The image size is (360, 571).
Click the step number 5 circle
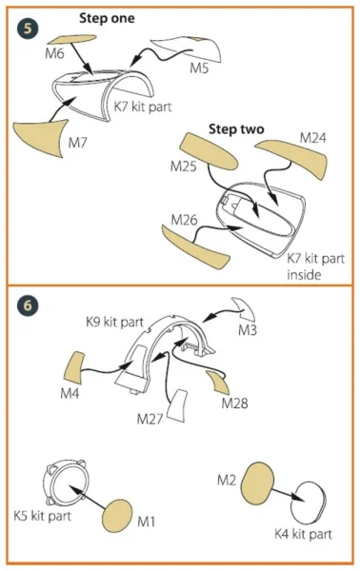click(x=28, y=28)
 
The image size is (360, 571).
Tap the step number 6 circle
click(x=28, y=305)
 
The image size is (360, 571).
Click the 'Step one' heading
click(x=107, y=18)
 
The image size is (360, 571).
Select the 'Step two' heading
click(x=236, y=129)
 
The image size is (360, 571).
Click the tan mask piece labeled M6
click(x=71, y=39)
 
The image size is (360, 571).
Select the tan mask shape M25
click(x=209, y=151)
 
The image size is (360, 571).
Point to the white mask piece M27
click(x=178, y=406)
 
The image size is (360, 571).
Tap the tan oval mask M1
click(x=116, y=516)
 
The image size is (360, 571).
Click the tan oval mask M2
click(x=257, y=483)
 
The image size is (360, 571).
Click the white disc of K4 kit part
click(x=309, y=503)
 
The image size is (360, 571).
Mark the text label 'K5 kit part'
click(x=42, y=516)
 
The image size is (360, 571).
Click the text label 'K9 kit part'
click(x=115, y=322)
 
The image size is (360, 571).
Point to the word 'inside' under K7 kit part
click(x=304, y=275)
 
